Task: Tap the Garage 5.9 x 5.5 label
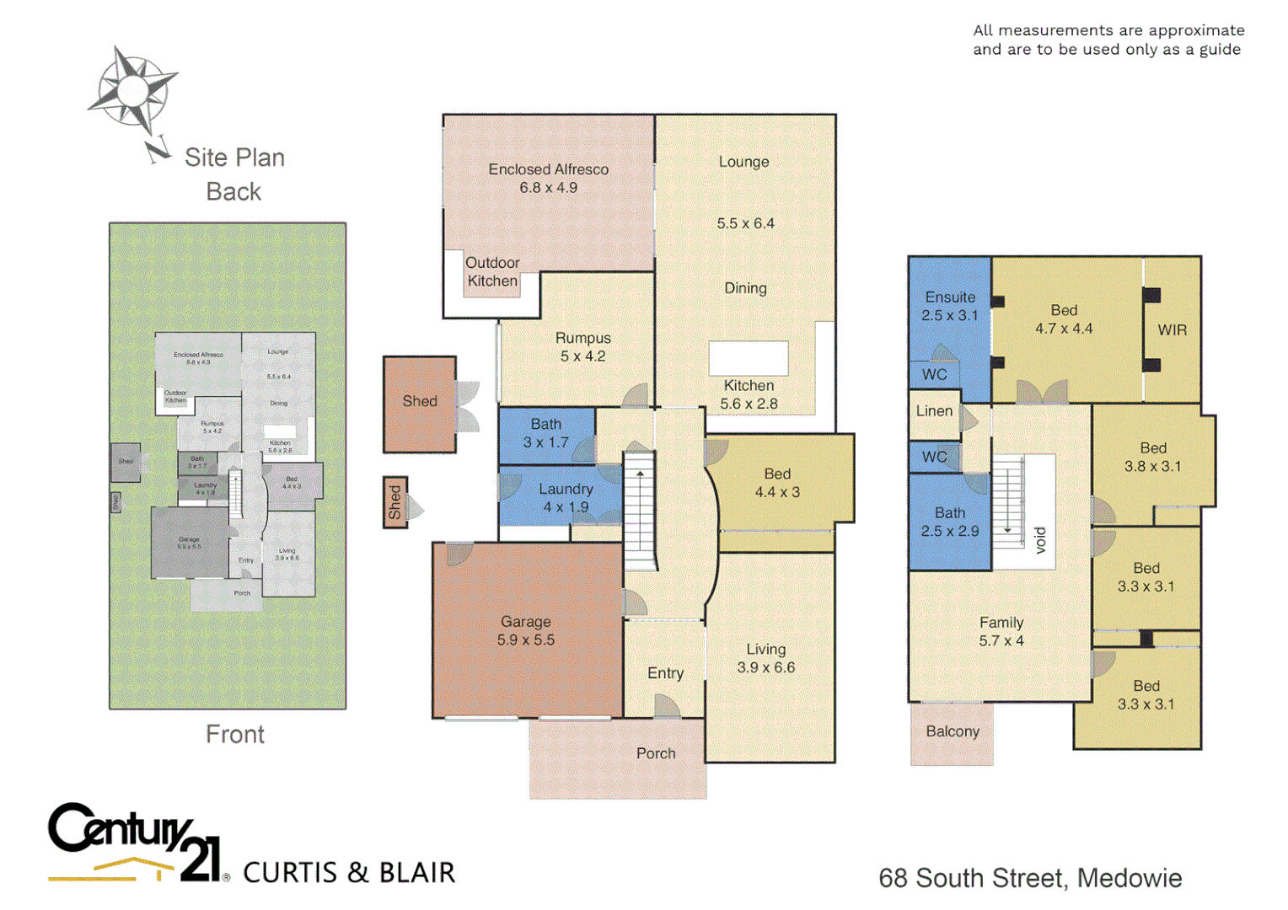coord(525,630)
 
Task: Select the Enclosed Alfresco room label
coord(548,178)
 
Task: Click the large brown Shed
coord(419,404)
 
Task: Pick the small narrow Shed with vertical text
coord(394,502)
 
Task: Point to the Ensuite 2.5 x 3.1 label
coord(949,306)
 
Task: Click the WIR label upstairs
coord(1172,330)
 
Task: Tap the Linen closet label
coord(934,411)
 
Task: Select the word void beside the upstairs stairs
coord(1040,540)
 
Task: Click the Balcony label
coord(953,731)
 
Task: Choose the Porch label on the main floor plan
coord(656,753)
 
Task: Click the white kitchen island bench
coord(748,358)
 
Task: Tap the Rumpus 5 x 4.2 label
coord(582,346)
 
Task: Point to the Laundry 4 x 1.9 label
coord(566,498)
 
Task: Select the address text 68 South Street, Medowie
coord(1029,878)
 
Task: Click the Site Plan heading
coord(234,158)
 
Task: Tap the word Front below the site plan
coord(234,735)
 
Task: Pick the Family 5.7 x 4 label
coord(1001,631)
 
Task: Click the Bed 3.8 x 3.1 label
coord(1152,457)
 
